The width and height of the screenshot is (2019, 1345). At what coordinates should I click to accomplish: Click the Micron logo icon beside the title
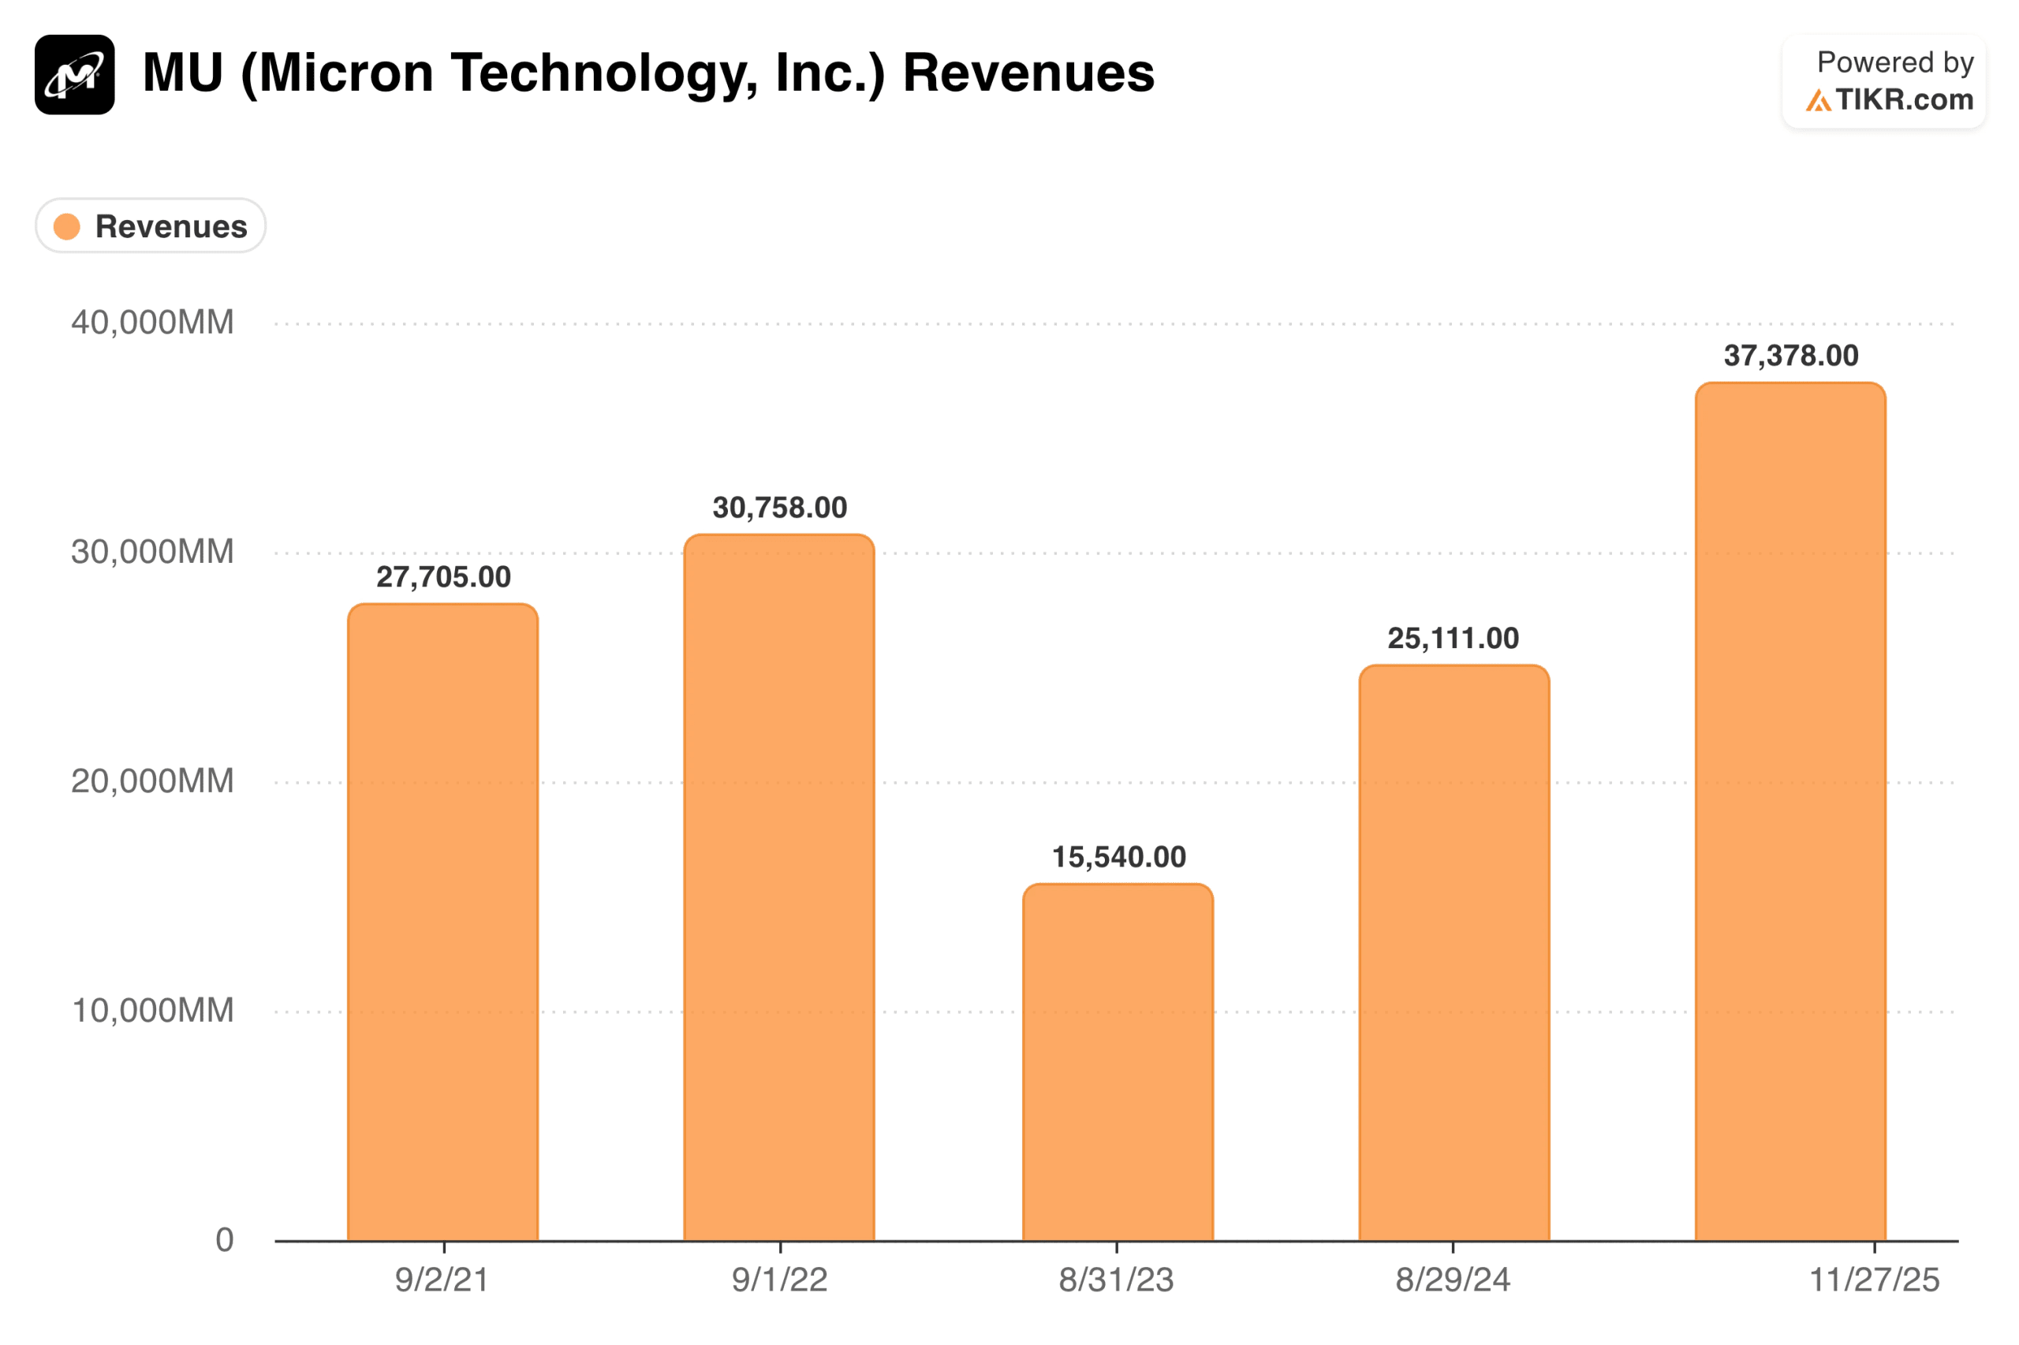click(75, 75)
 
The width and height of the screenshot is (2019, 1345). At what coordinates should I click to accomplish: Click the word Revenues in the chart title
click(1028, 73)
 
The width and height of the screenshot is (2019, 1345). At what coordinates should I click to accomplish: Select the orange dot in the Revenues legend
click(67, 226)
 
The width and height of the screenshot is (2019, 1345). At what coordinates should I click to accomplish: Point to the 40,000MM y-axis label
click(152, 322)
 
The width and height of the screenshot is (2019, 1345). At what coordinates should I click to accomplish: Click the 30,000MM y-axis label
click(152, 552)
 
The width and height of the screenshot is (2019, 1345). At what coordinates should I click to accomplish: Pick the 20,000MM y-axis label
click(152, 781)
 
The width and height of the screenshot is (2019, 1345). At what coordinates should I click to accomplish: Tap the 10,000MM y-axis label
click(152, 1011)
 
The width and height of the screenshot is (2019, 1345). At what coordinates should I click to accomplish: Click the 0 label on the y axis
click(224, 1239)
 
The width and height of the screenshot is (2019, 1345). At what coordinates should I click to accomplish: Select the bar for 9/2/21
click(442, 922)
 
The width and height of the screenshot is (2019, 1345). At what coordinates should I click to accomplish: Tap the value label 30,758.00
click(779, 508)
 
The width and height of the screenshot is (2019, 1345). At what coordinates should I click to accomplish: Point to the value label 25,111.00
click(1453, 638)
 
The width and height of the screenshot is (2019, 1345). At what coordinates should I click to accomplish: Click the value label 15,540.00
click(1118, 857)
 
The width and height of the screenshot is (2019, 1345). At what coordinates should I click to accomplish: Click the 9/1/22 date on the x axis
click(779, 1280)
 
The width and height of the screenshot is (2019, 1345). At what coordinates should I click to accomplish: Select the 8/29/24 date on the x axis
click(1452, 1280)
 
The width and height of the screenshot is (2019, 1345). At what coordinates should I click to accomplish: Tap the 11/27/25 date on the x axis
click(1874, 1280)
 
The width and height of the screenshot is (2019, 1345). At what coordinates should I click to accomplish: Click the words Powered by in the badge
click(1894, 62)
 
